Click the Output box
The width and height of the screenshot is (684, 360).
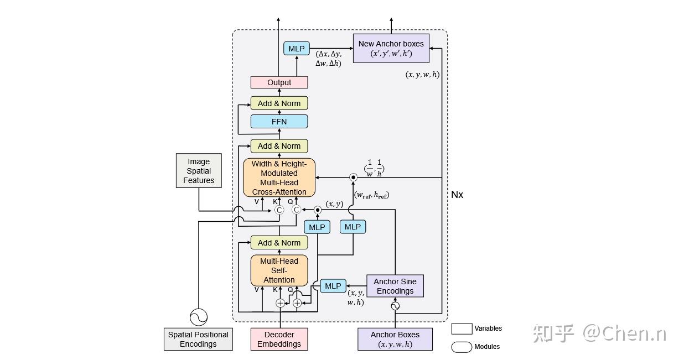pyautogui.click(x=279, y=82)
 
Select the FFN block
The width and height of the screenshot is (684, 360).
pyautogui.click(x=279, y=121)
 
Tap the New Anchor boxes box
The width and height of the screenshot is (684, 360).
pyautogui.click(x=391, y=48)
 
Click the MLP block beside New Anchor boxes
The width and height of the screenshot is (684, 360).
pyautogui.click(x=297, y=49)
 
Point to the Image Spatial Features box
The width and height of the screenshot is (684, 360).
pyautogui.click(x=199, y=171)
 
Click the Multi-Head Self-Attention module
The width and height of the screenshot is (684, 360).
pyautogui.click(x=279, y=270)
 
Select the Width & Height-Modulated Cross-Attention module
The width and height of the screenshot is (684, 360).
pyautogui.click(x=279, y=178)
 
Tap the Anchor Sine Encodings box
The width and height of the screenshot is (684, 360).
pyautogui.click(x=395, y=286)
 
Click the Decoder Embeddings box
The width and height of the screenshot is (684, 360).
pyautogui.click(x=279, y=339)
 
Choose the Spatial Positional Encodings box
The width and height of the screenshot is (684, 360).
pyautogui.click(x=198, y=339)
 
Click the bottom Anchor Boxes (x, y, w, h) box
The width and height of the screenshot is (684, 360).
pyautogui.click(x=395, y=339)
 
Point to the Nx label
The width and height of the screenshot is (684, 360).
pyautogui.click(x=457, y=195)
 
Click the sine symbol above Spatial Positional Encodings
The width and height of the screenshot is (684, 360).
pyautogui.click(x=198, y=317)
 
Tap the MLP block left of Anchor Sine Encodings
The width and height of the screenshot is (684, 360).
pyautogui.click(x=333, y=286)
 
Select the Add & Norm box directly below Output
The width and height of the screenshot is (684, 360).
pyautogui.click(x=279, y=103)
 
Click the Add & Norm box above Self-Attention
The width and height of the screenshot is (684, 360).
pyautogui.click(x=279, y=243)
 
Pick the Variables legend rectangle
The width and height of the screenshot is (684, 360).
pyautogui.click(x=462, y=328)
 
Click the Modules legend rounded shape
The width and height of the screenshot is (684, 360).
pyautogui.click(x=462, y=347)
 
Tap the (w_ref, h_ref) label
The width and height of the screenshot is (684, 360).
pyautogui.click(x=371, y=195)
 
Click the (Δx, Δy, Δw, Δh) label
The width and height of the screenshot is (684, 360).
pyautogui.click(x=329, y=59)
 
